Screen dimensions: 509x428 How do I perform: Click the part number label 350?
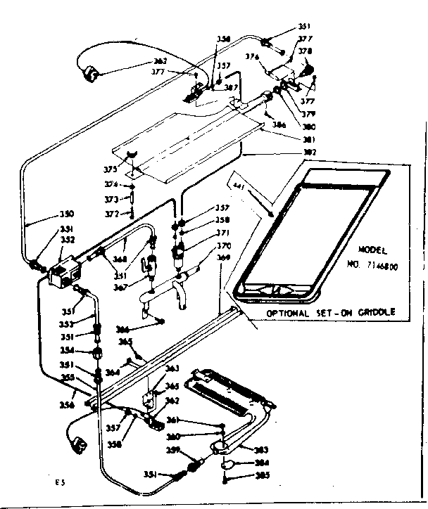pyautogui.click(x=65, y=214)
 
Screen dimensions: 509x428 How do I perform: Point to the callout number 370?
pyautogui.click(x=223, y=246)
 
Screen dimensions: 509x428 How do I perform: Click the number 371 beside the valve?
pyautogui.click(x=222, y=233)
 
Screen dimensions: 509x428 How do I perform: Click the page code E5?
pyautogui.click(x=61, y=482)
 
